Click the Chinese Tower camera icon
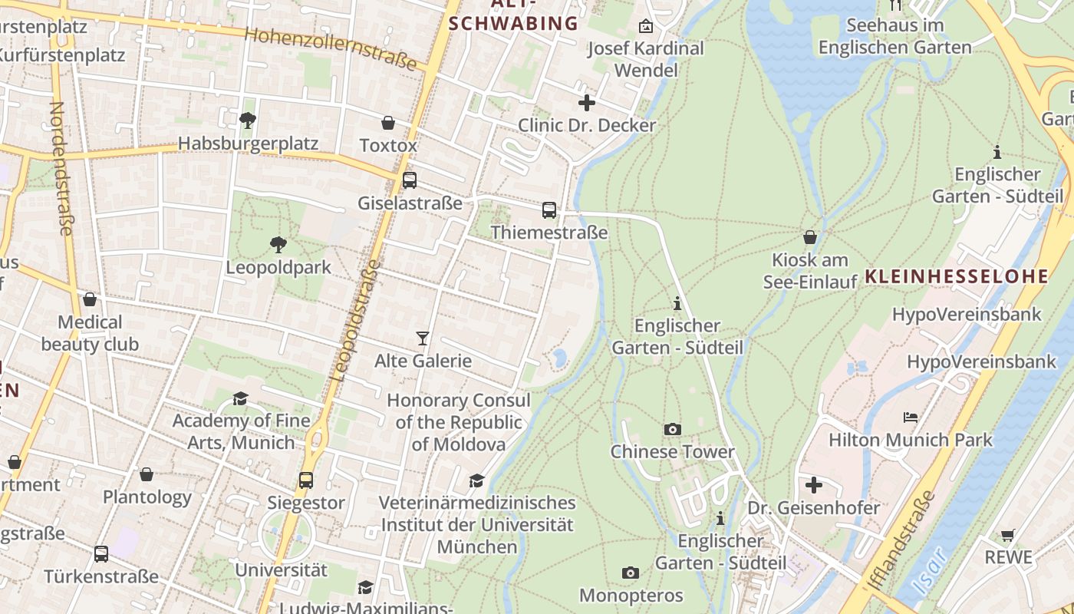pos(672,429)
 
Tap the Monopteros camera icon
pos(630,573)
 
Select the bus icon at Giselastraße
pos(410,180)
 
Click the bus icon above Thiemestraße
pos(549,210)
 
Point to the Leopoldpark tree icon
pos(278,245)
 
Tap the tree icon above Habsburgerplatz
pos(247,120)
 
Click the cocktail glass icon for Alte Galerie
pos(422,338)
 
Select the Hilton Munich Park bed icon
pos(911,418)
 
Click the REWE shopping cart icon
pos(1008,535)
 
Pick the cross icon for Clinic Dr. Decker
pos(587,102)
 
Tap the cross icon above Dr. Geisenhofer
pos(814,485)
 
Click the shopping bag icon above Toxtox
pos(388,123)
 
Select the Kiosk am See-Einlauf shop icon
pos(809,237)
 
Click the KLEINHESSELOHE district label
pos(956,277)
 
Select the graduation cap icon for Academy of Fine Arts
pos(240,398)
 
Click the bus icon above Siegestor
pos(306,480)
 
